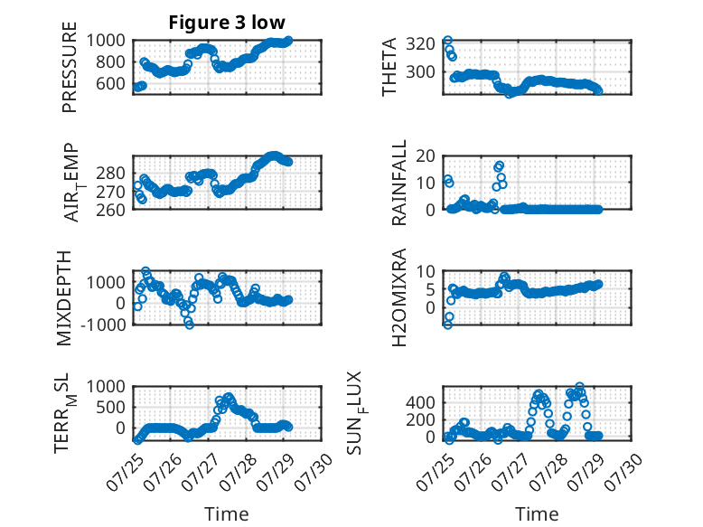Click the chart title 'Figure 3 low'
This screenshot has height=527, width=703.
(227, 23)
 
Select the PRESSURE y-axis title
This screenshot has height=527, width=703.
(70, 67)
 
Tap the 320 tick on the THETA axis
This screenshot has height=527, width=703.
(420, 44)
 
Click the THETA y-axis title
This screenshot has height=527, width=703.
(389, 67)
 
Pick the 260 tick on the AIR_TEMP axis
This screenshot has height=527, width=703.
(111, 211)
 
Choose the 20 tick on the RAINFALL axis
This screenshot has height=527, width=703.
(426, 156)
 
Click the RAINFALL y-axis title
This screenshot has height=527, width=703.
(399, 183)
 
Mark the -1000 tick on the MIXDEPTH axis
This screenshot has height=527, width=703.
(103, 325)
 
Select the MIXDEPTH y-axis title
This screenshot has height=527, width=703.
(64, 298)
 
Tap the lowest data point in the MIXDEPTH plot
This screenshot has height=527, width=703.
(190, 325)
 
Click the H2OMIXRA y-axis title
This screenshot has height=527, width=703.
(399, 297)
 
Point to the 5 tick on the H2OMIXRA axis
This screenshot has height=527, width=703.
(430, 290)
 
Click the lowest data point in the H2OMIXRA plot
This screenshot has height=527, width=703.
(447, 325)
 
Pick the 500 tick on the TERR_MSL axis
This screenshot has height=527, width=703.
(111, 408)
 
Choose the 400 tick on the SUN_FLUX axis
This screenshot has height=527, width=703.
(420, 403)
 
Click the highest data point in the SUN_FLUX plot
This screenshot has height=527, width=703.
(580, 387)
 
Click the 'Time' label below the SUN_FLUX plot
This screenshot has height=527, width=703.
(537, 513)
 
